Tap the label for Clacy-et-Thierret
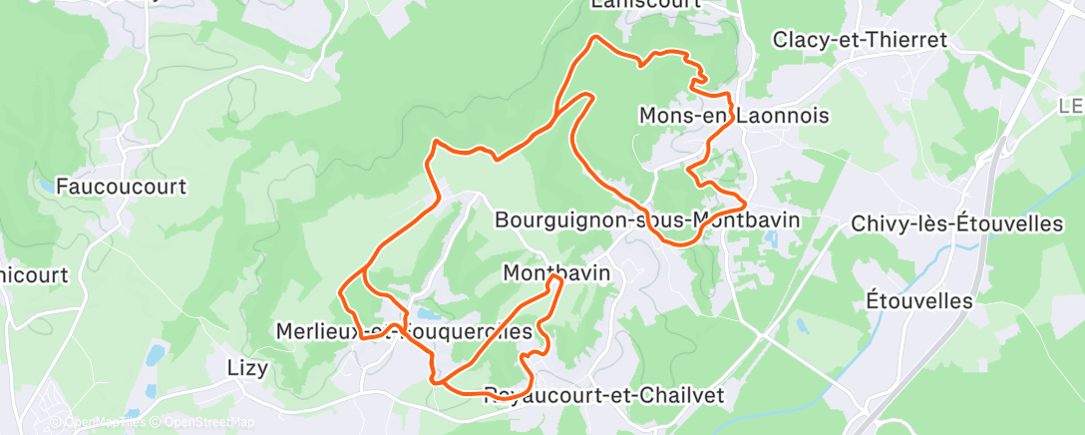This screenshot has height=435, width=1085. coord(860,40)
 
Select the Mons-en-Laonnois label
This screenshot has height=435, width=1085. coord(734,117)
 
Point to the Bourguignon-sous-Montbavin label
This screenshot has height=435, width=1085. coord(647,218)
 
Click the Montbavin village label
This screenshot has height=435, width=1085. coord(555,272)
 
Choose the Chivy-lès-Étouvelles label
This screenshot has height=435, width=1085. coord(957,224)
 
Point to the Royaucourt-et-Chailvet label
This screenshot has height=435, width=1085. coord(603,395)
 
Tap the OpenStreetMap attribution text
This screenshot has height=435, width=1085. coord(205,423)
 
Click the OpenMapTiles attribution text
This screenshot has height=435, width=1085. coord(104,423)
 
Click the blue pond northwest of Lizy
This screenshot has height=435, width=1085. coord(155,354)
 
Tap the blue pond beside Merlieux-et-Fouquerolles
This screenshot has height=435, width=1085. coord(430,315)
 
